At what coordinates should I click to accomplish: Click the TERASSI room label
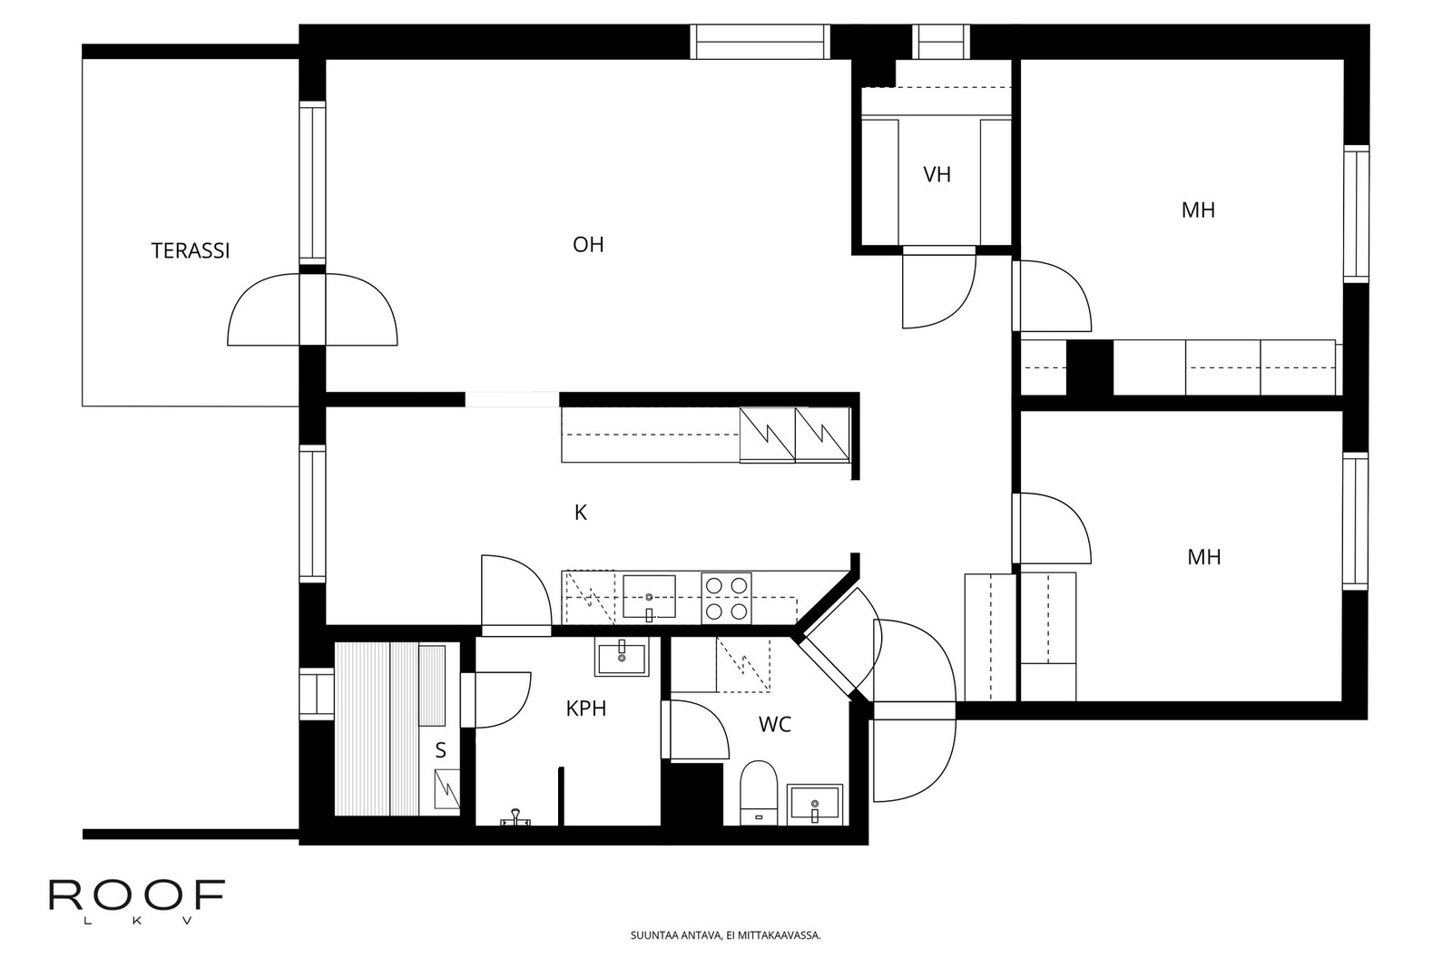tap(191, 250)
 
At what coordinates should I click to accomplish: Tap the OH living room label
tap(588, 244)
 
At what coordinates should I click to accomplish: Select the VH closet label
tap(937, 174)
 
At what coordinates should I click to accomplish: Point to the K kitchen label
tap(581, 513)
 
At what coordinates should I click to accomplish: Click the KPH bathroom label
tap(585, 709)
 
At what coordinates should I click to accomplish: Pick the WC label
tap(774, 724)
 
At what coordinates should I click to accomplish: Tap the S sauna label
tap(441, 750)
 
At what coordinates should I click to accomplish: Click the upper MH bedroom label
tap(1198, 210)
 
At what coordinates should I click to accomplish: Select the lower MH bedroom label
tap(1203, 557)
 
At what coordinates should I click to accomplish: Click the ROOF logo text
tap(136, 895)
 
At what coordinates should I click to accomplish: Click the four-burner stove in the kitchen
tap(727, 599)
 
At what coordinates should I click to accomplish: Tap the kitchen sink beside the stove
tap(649, 597)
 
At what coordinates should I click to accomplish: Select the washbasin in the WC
tap(814, 804)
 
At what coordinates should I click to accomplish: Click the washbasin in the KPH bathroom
tap(622, 657)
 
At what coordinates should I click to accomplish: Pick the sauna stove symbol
tap(446, 787)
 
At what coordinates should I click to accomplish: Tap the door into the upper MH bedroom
tap(1053, 296)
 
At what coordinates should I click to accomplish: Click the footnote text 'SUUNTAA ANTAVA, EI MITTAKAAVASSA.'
tap(725, 935)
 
